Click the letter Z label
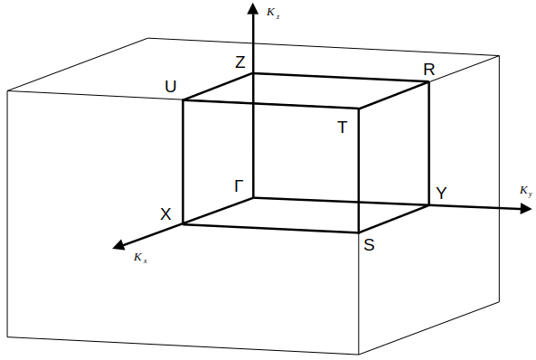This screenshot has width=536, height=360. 240,62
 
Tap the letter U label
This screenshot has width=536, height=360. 171,87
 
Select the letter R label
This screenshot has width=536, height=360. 429,70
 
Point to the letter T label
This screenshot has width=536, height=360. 343,128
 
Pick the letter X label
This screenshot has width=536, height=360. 165,214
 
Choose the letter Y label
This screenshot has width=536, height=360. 441,194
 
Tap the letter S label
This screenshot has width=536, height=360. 369,244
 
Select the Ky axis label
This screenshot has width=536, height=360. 525,192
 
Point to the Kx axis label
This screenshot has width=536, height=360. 139,258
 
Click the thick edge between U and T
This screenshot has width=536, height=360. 271,104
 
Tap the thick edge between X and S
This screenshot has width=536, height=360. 271,228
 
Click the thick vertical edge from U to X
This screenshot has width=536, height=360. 183,161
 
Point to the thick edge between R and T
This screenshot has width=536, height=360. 394,95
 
